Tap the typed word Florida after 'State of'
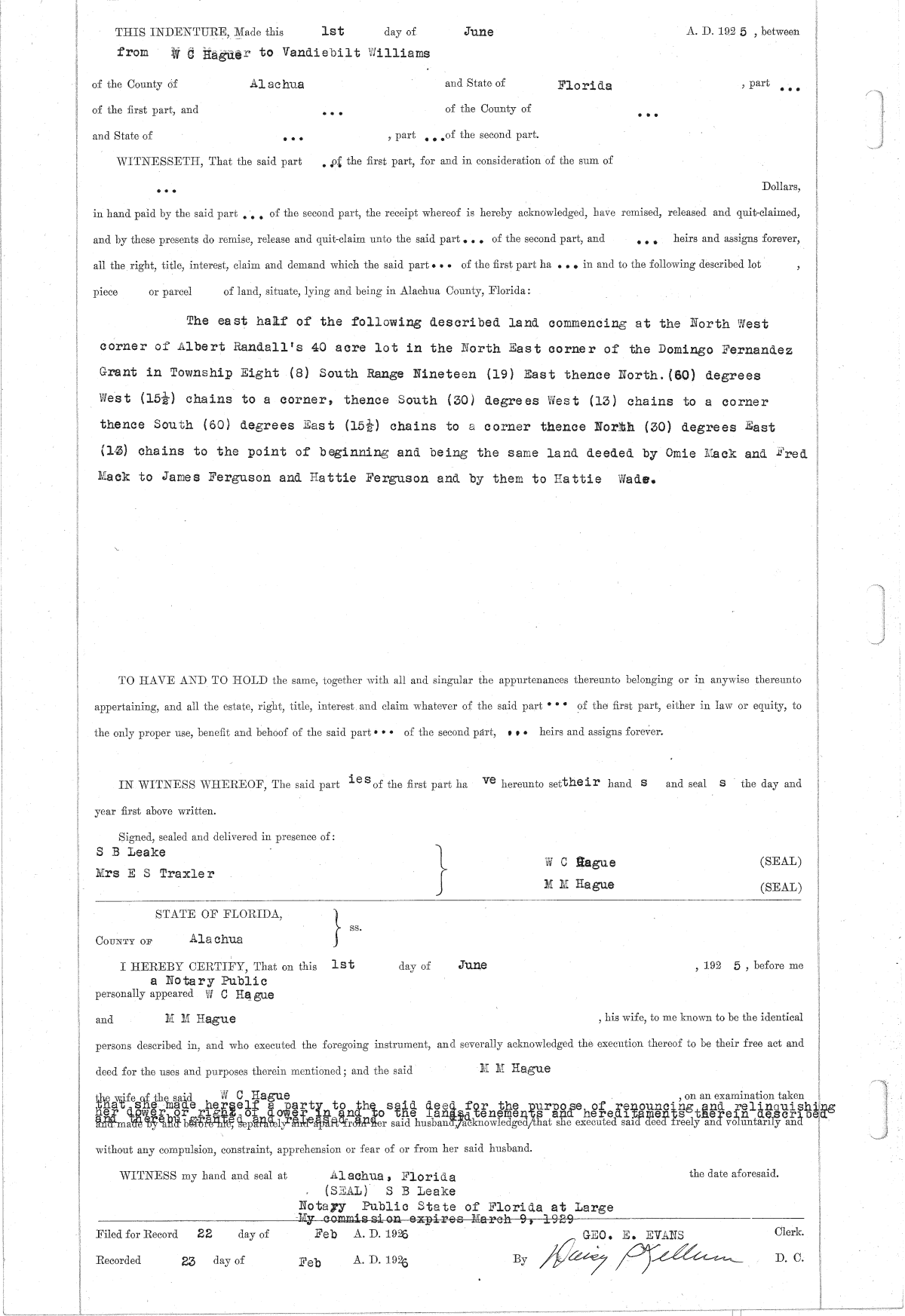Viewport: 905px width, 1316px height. coord(584,85)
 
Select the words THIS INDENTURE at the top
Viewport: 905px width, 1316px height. coord(171,32)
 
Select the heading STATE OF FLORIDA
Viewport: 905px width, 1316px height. coord(219,914)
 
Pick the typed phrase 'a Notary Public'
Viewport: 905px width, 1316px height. coord(208,981)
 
